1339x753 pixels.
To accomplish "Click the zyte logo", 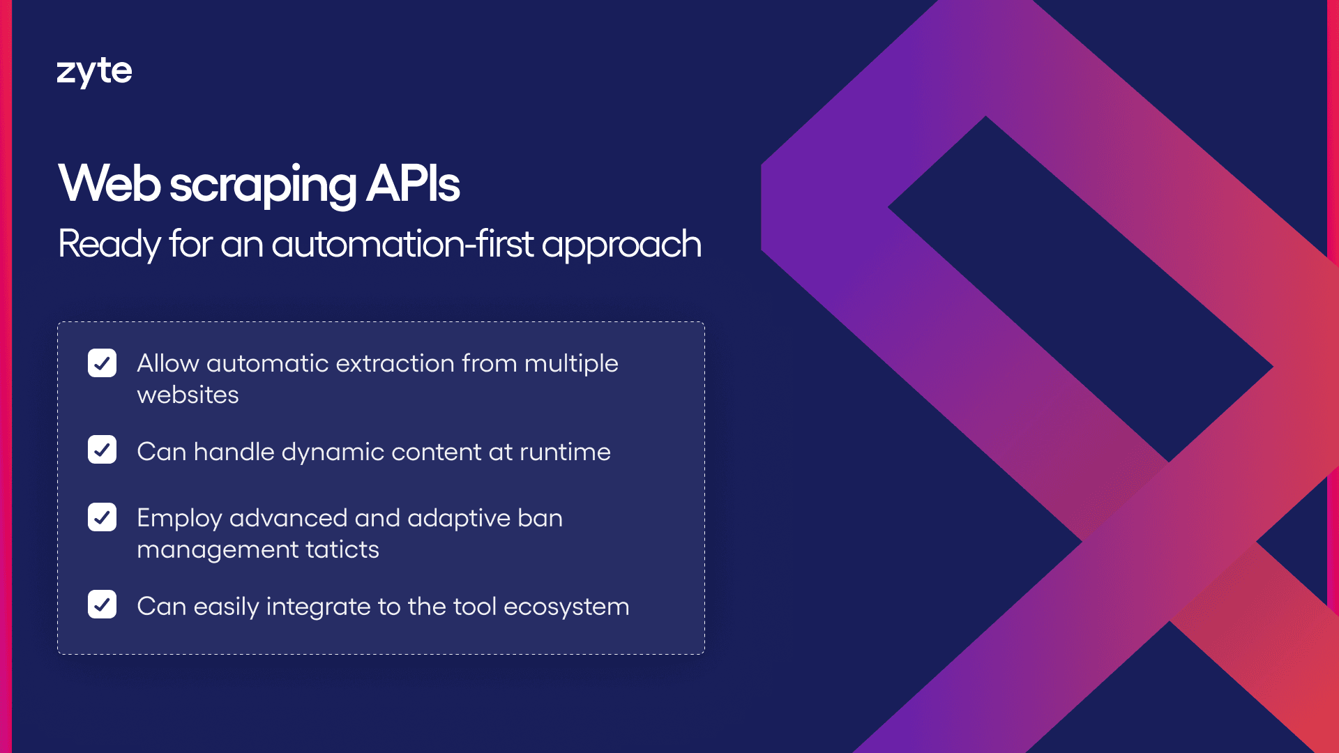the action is coord(94,72).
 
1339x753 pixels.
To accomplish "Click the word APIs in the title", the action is coord(413,184).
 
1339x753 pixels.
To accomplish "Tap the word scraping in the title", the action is coord(263,186).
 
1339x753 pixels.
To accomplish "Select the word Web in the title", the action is coord(109,183).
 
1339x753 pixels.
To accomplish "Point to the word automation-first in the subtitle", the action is coord(402,244).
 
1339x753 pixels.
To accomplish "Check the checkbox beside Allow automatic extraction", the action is coord(102,363).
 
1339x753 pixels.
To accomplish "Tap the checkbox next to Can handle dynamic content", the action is coord(102,450).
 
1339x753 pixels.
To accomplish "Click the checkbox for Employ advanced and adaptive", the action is coord(102,517).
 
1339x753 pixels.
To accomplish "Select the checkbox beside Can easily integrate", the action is coord(102,604).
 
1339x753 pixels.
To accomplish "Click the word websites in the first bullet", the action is coord(188,395).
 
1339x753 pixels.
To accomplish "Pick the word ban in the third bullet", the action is coord(540,518).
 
